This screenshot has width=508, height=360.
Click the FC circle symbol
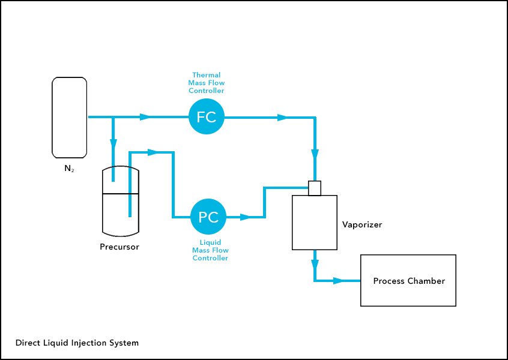click(x=207, y=117)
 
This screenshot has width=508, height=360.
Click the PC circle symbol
click(x=208, y=217)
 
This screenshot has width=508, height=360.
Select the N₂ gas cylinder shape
click(x=69, y=116)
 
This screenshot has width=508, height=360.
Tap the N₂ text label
click(x=69, y=169)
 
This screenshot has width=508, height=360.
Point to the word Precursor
click(x=119, y=247)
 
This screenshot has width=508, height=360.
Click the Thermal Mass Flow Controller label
click(x=207, y=83)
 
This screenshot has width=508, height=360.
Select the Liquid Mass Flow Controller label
click(x=210, y=250)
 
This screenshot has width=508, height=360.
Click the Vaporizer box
click(x=314, y=223)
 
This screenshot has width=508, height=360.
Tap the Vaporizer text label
click(x=362, y=225)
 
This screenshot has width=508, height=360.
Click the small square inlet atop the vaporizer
click(x=315, y=188)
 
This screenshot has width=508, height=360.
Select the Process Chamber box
click(x=408, y=281)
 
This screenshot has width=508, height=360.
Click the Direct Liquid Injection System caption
click(x=77, y=343)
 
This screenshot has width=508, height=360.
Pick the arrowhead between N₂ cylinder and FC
click(x=145, y=117)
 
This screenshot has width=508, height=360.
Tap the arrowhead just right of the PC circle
click(x=245, y=217)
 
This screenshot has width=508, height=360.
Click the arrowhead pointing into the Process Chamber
click(x=338, y=280)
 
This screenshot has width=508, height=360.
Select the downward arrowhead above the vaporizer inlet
click(x=315, y=154)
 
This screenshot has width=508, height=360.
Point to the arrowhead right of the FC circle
click(x=282, y=118)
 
